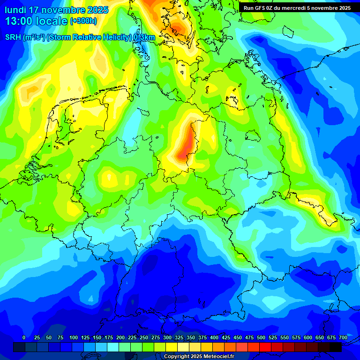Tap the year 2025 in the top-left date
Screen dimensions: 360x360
(96, 10)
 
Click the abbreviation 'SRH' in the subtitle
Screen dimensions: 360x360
(13, 37)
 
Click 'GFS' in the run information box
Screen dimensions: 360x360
(263, 7)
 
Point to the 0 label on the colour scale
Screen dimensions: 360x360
(24, 337)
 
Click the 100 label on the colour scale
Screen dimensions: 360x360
(74, 337)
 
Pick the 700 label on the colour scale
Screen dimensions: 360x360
(343, 337)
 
